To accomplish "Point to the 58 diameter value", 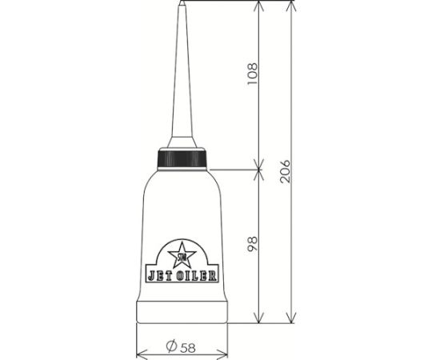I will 187,346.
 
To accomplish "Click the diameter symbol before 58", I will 170,346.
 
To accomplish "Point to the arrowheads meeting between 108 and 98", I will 259,169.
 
